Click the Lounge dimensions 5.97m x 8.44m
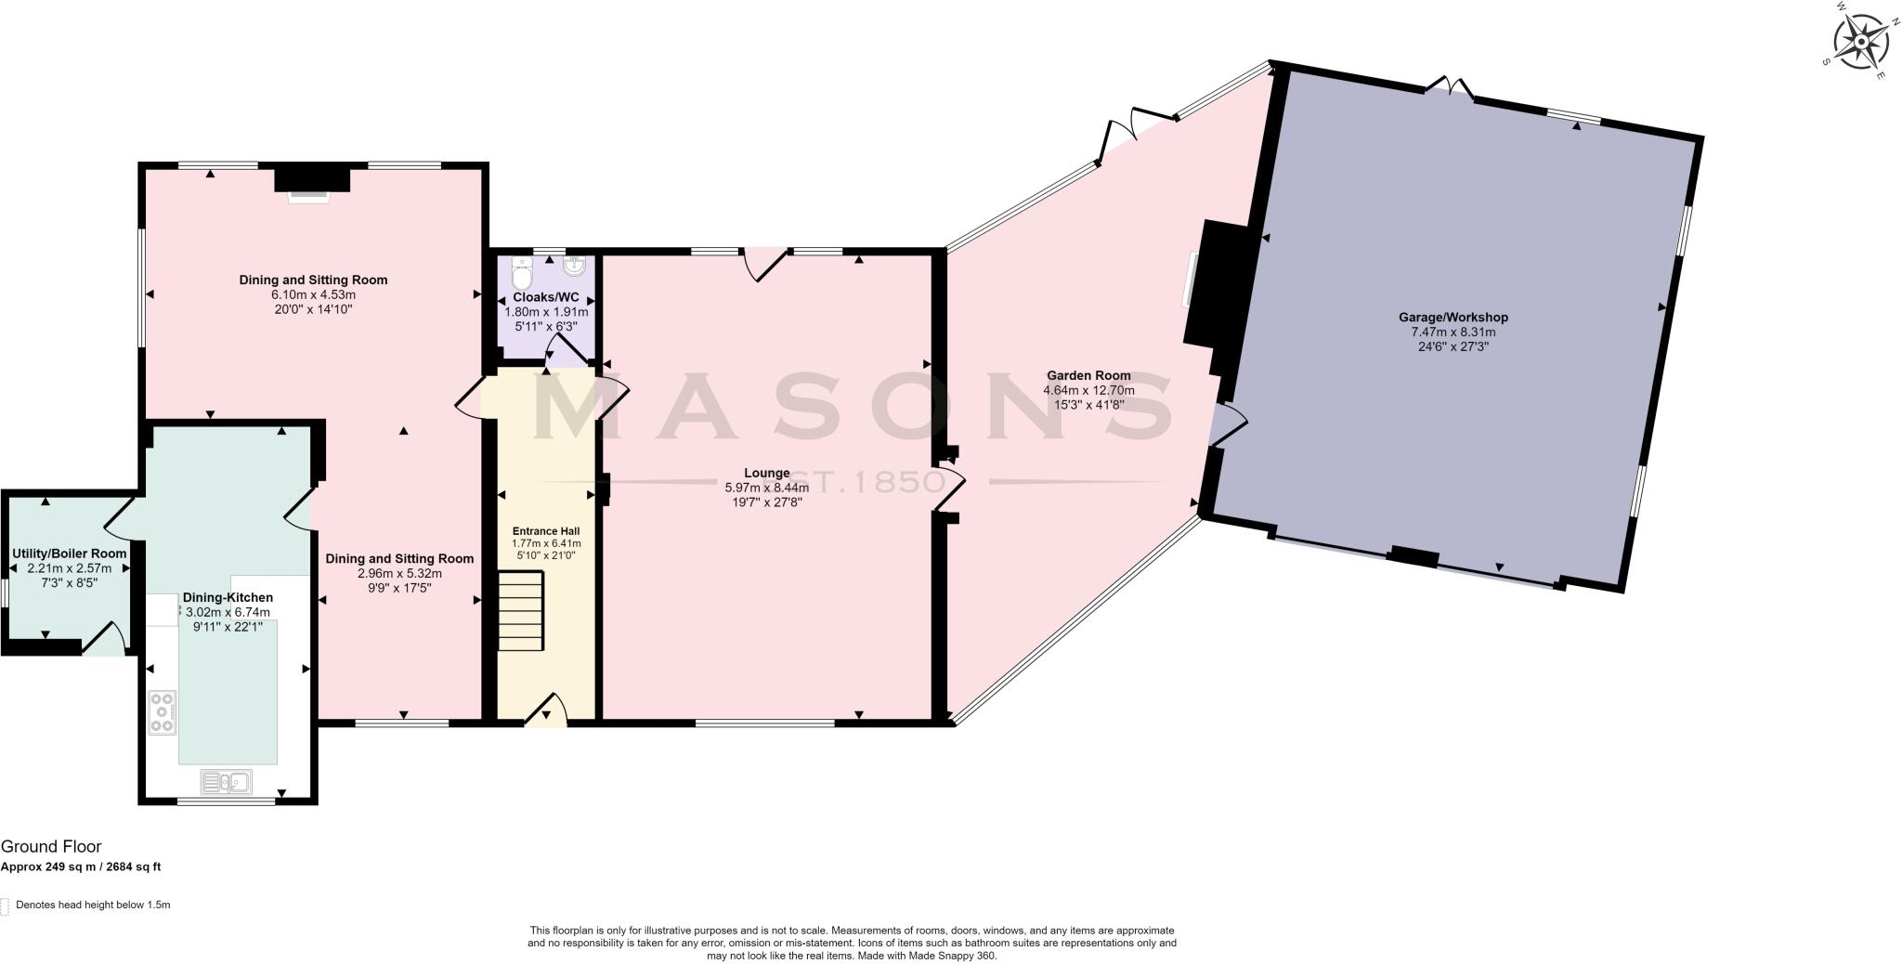tap(766, 488)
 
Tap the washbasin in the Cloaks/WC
tap(574, 267)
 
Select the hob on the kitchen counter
tap(163, 712)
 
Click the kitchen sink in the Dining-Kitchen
tap(226, 782)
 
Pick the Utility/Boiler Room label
tap(69, 554)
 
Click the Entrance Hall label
tap(546, 531)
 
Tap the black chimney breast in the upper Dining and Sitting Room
tap(312, 177)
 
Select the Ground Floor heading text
tap(51, 847)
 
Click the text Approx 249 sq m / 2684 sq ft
tap(81, 867)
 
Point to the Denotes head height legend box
tap(5, 905)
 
